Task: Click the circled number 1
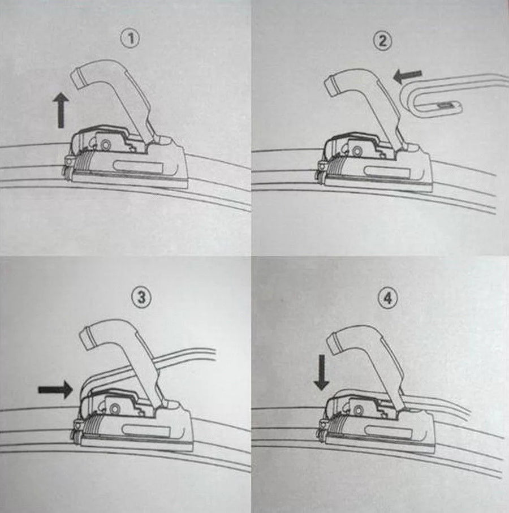tap(131, 39)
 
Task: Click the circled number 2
tap(382, 41)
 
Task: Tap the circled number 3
tap(141, 298)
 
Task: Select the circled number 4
tap(387, 298)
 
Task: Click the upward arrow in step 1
tap(61, 110)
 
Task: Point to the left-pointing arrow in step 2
tap(408, 76)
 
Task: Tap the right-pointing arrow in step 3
tap(55, 389)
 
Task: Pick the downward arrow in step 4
tap(322, 372)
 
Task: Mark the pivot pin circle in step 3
tap(114, 408)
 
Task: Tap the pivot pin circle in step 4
tap(359, 409)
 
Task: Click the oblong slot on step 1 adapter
tap(139, 167)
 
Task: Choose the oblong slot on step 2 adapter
tap(387, 172)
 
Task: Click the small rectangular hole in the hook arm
tap(445, 105)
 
